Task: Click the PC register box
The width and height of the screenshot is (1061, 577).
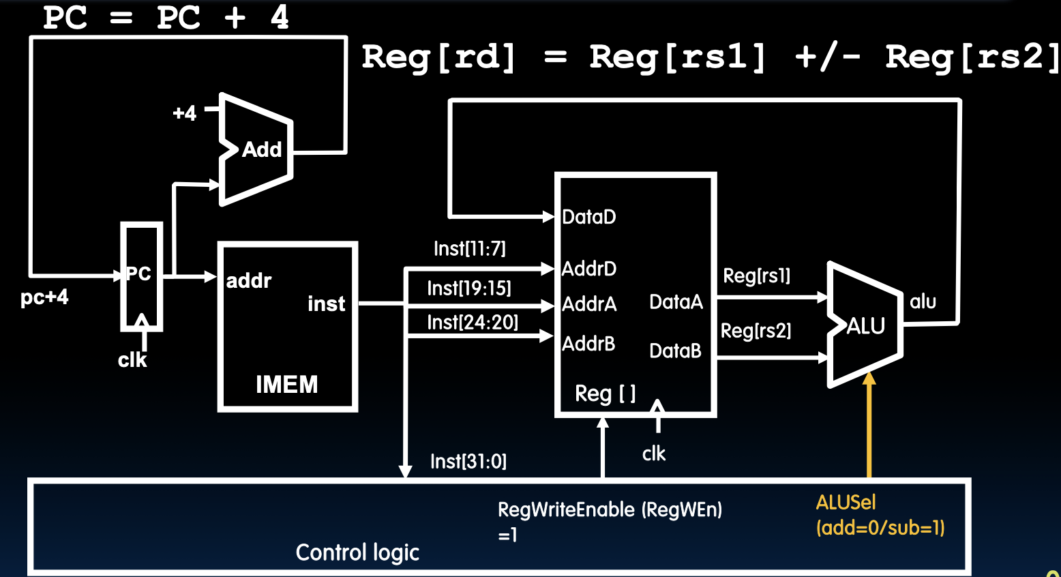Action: (141, 276)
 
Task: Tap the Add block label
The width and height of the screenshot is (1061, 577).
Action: (262, 149)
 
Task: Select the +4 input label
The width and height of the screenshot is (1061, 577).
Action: (184, 113)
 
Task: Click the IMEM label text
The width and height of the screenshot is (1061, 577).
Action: (286, 384)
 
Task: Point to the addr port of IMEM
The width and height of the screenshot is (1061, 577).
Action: (248, 280)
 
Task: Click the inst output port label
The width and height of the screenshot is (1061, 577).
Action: (326, 304)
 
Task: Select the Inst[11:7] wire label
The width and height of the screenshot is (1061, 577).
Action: (469, 248)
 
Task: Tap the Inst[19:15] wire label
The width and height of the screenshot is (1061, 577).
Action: (468, 288)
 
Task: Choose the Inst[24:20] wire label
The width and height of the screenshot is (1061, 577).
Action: (472, 322)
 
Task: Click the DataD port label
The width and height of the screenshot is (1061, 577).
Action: (588, 217)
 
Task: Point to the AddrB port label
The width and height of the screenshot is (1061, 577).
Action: (588, 343)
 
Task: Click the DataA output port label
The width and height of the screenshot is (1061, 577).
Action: (675, 301)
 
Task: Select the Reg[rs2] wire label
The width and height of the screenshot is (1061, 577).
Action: (756, 331)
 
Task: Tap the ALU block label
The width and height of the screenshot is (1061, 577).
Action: (865, 326)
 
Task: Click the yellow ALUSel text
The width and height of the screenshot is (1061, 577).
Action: (846, 503)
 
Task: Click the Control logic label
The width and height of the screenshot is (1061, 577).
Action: (357, 552)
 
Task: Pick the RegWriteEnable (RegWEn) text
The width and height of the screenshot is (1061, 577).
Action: (610, 509)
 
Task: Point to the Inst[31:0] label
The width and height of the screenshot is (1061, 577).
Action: (468, 462)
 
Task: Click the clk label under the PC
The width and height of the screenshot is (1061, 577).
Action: (132, 359)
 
